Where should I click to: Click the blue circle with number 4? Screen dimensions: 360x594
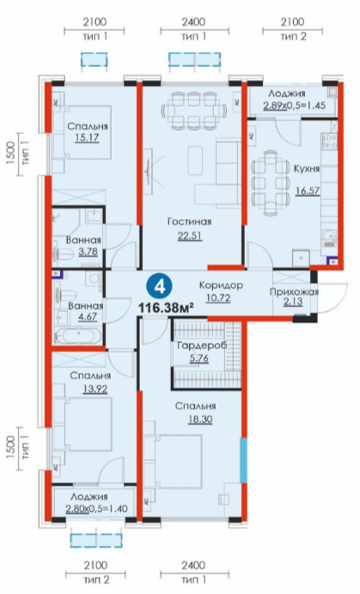pos(161,287)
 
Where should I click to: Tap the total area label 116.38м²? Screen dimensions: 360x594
pos(166,308)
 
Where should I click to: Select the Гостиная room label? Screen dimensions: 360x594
pos(189,222)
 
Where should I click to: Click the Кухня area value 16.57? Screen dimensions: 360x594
pos(308,191)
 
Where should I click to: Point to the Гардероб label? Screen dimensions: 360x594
pos(202,346)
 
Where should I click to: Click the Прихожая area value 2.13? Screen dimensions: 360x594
pos(294,302)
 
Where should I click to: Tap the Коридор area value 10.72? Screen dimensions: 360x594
pos(218,298)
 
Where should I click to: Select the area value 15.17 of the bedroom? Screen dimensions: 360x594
pos(87,138)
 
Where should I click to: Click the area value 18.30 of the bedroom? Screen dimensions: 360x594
pos(200,419)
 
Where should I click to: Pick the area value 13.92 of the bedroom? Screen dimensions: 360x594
pos(95,389)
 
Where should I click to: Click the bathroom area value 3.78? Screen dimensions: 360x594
pos(88,252)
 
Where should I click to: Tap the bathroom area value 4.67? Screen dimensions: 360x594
pos(87,316)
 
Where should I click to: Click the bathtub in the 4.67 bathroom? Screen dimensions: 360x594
pos(79,335)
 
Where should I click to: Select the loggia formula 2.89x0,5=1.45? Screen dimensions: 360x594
pos(294,106)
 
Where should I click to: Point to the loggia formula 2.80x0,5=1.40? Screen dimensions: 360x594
pos(96,509)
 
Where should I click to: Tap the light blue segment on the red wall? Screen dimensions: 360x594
pos(243,460)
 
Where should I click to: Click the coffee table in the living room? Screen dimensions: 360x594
pos(195,161)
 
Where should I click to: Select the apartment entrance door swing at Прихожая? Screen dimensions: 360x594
pos(333,298)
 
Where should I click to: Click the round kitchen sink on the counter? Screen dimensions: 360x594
pos(328,236)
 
